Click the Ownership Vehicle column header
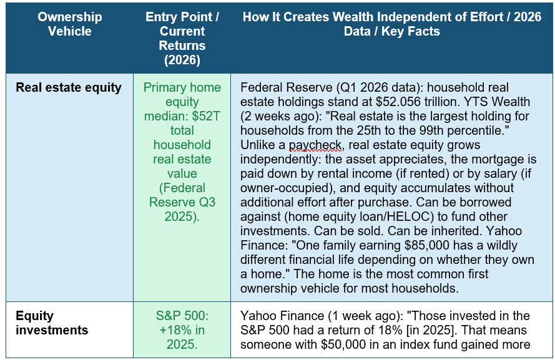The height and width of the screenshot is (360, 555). pos(70,24)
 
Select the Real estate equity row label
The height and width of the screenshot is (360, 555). pos(69,87)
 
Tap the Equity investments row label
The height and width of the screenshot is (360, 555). pos(52,323)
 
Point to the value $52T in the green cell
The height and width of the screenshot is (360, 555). pos(207,116)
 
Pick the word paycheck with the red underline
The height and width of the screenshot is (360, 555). pos(315,145)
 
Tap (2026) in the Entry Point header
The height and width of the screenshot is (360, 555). pos(182,60)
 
